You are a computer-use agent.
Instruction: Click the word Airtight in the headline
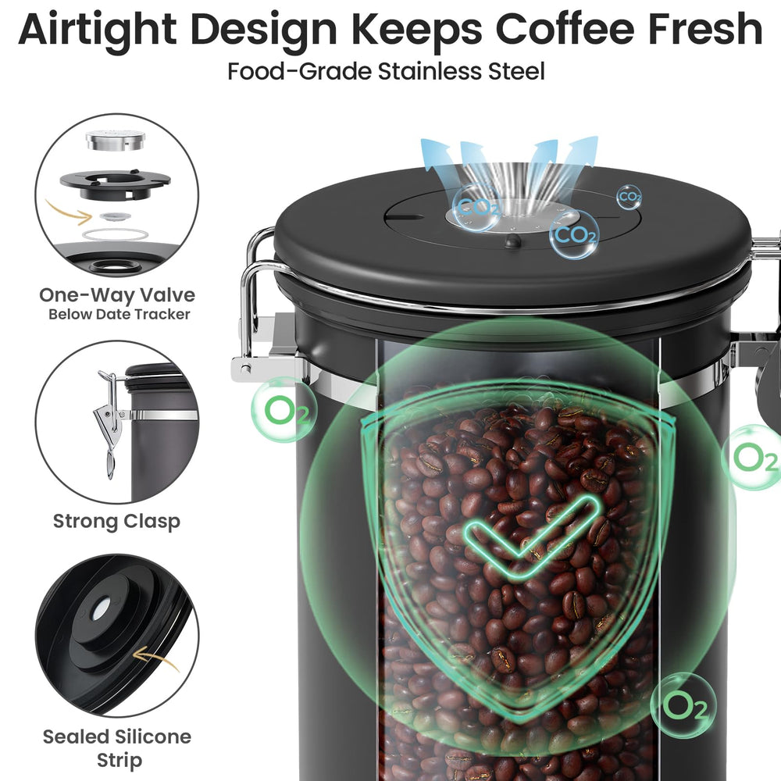point(97,30)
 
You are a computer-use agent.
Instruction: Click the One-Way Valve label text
point(117,295)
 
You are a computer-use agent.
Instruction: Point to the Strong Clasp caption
point(116,522)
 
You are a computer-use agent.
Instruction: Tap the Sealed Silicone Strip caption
point(117,748)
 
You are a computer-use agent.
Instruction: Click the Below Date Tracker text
point(119,314)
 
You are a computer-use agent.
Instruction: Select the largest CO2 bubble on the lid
point(573,234)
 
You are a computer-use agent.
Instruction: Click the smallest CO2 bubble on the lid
point(629,198)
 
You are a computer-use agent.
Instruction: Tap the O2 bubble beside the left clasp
point(284,410)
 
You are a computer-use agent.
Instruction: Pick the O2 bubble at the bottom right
point(683,705)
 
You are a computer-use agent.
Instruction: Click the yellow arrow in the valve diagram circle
point(68,212)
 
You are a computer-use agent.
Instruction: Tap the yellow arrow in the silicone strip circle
point(156,658)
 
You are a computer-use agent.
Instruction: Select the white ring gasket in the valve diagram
point(114,234)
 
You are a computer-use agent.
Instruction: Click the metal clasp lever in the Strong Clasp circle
point(109,423)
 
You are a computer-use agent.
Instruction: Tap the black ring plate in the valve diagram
point(115,185)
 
